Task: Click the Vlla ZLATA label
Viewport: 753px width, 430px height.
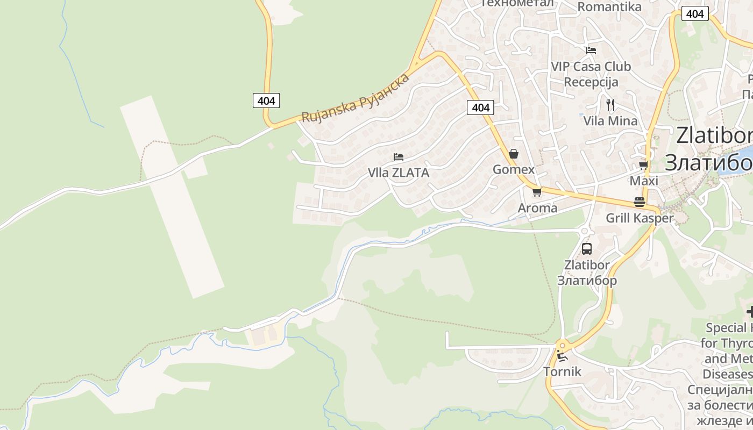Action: click(x=398, y=173)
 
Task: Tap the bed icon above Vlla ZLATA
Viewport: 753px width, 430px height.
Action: click(x=399, y=157)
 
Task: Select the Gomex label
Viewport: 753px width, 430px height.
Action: click(x=514, y=170)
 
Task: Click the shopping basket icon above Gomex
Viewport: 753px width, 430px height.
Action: click(x=514, y=154)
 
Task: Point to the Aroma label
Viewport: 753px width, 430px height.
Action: click(x=537, y=208)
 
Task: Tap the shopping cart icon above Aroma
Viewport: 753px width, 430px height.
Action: click(x=537, y=192)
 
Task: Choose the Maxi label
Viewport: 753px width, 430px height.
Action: click(x=644, y=181)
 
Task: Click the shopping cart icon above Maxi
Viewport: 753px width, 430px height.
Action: click(x=643, y=165)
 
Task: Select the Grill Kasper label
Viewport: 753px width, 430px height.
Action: click(x=640, y=218)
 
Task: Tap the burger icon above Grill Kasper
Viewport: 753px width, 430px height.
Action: click(x=640, y=202)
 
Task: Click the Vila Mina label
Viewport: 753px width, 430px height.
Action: click(x=610, y=121)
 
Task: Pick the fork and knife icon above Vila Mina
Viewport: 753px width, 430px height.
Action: click(x=610, y=104)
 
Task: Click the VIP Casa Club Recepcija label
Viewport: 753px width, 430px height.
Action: click(x=591, y=74)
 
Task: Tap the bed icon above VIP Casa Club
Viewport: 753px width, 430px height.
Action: click(x=591, y=51)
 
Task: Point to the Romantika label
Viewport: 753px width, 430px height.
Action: click(x=609, y=7)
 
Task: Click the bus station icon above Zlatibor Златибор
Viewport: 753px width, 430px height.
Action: click(x=587, y=249)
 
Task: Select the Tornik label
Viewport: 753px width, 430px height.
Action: click(x=562, y=371)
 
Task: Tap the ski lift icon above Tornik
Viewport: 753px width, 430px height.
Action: click(x=562, y=356)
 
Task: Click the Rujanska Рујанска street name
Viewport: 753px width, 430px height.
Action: click(x=356, y=97)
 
